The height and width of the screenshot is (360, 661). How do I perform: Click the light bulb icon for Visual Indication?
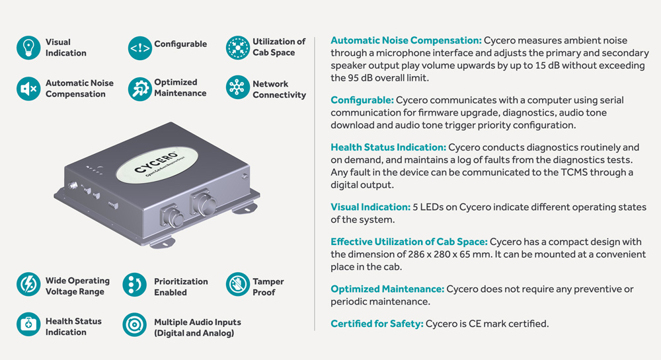pos(28,48)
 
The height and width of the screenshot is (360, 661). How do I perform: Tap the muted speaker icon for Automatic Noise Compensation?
pos(28,89)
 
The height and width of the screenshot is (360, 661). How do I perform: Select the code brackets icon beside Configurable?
pos(139,48)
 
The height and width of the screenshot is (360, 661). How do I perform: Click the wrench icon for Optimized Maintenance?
pos(139,89)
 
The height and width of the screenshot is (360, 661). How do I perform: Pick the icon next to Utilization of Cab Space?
pos(237,48)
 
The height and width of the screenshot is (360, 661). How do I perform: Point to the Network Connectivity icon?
pos(237,89)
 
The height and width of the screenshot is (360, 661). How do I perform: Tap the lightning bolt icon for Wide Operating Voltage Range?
pos(28,285)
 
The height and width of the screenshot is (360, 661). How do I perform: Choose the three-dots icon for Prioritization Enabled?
pos(134,285)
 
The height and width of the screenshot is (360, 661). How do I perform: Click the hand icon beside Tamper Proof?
pos(237,285)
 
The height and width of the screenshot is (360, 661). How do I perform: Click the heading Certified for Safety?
pos(377,324)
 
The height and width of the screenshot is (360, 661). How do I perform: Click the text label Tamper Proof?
pos(268,287)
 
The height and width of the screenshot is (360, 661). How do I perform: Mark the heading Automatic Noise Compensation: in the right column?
pos(406,40)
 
